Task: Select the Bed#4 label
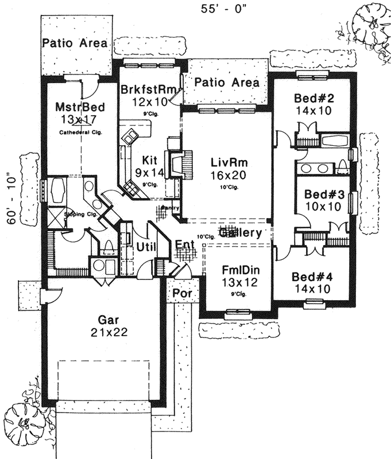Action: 311,277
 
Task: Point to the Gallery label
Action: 241,233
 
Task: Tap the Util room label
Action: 147,247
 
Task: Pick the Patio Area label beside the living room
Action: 226,83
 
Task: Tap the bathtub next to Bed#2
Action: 334,141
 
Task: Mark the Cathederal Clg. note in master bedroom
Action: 79,133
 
